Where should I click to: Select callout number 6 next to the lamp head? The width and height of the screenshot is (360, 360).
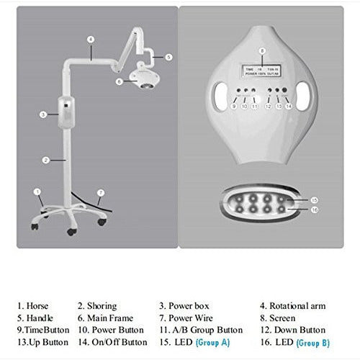(120, 81)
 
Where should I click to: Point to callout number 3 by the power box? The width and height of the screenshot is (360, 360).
(44, 114)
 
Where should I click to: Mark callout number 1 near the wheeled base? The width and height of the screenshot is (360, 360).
(36, 192)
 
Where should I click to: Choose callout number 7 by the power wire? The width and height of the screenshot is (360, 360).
(101, 193)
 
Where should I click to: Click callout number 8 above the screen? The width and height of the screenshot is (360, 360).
(262, 50)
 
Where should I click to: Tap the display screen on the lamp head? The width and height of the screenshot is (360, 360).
(262, 68)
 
